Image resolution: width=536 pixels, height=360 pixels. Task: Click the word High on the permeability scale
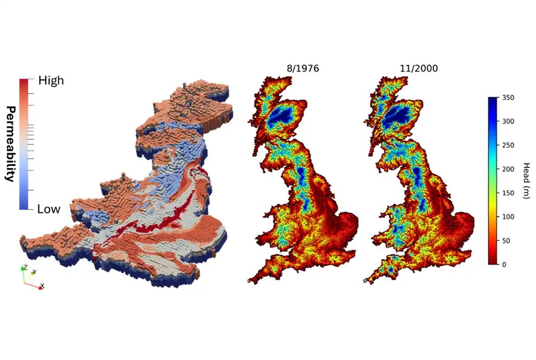click(x=51, y=80)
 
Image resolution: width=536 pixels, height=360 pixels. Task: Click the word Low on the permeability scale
click(x=49, y=209)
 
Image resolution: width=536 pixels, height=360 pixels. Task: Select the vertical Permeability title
click(x=9, y=143)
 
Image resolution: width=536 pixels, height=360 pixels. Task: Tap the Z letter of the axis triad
click(x=23, y=267)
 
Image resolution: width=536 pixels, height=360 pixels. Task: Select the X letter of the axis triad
click(x=42, y=286)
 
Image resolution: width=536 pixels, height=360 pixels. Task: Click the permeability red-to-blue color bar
click(x=23, y=144)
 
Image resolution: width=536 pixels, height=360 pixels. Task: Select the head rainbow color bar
click(x=492, y=181)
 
